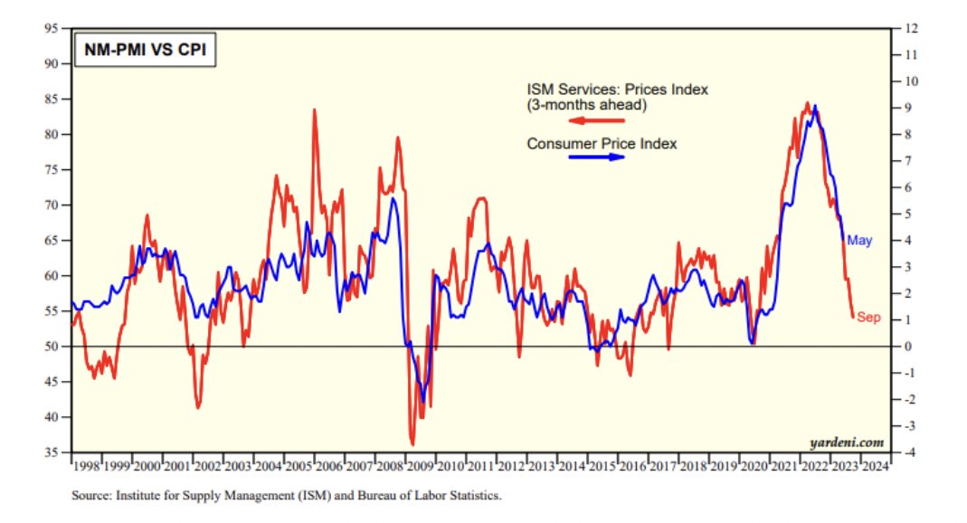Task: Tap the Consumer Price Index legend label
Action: (x=602, y=143)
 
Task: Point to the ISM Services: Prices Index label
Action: (x=617, y=90)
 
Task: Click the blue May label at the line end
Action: (x=858, y=241)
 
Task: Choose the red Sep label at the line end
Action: (x=868, y=318)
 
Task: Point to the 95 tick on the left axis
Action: (x=53, y=29)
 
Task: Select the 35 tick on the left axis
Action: (x=53, y=452)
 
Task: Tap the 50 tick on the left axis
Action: (x=53, y=347)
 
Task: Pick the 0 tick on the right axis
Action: (x=905, y=347)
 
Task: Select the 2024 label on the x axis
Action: (x=875, y=467)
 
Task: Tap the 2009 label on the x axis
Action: (x=419, y=467)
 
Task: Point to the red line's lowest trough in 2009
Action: (x=412, y=443)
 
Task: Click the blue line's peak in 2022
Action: (x=816, y=106)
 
